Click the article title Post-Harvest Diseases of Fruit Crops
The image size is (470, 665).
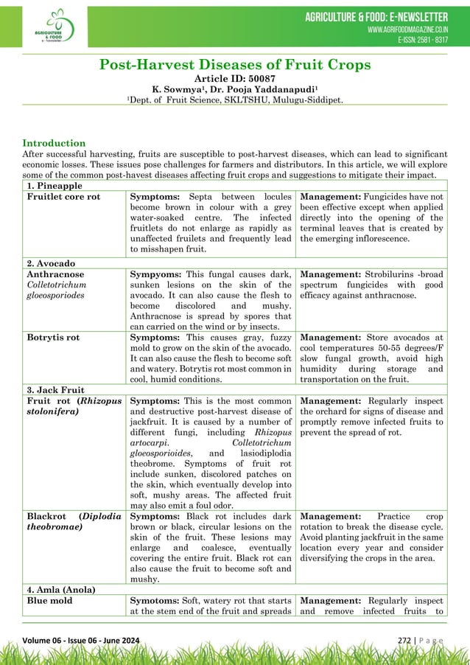[235, 65]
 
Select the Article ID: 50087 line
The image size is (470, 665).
[235, 79]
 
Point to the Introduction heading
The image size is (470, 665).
[54, 143]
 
